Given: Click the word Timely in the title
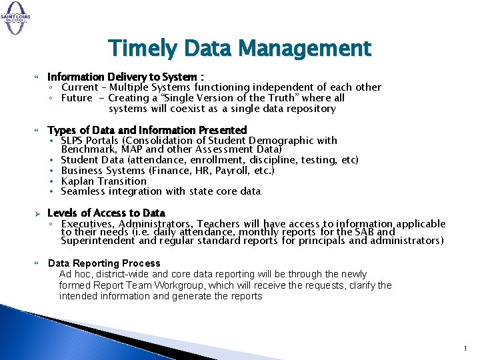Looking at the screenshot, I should coord(137,49).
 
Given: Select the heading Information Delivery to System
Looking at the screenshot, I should coord(125,77).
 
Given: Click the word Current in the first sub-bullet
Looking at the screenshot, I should coord(80,87).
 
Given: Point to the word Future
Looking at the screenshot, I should coord(77,98).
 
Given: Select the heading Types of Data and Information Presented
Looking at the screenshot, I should coord(147,130).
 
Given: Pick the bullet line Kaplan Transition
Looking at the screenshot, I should coord(103,181).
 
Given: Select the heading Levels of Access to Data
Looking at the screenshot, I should coord(106,213).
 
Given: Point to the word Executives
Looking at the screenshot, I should coord(85,224).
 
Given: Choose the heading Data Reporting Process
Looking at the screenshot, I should coord(104,263).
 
